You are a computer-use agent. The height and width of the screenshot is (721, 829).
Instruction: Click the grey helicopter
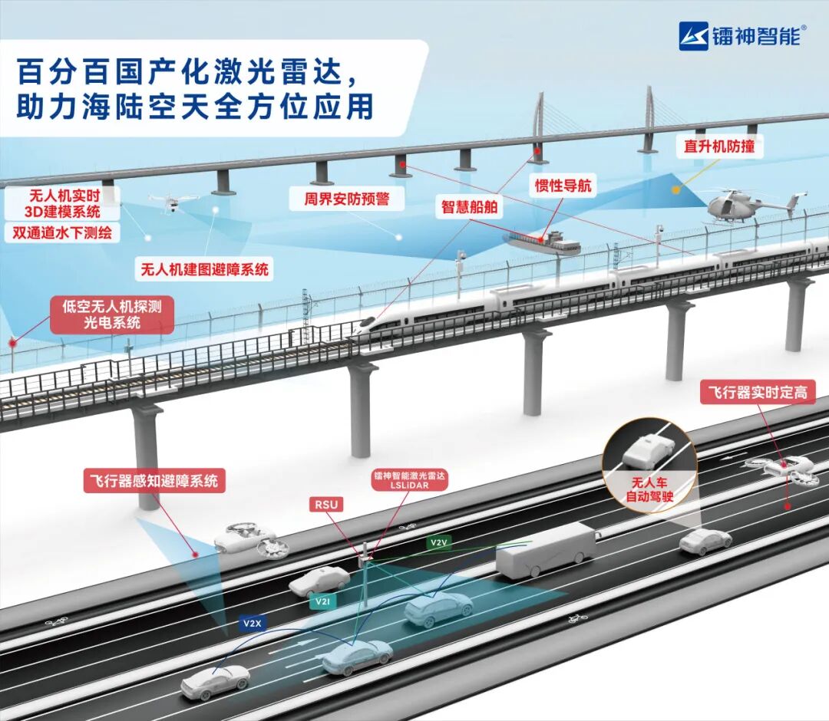coord(741,205)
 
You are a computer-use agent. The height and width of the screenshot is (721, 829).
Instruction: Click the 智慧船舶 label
coord(470,207)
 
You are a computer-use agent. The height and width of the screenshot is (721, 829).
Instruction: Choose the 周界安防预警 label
coord(346,199)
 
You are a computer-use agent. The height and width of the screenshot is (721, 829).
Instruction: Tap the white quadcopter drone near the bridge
coord(172,200)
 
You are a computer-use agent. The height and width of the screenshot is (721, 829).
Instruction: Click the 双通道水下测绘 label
coord(62,232)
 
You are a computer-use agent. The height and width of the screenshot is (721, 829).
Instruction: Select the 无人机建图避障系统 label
coord(205,269)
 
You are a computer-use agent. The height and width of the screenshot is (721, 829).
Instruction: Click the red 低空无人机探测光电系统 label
coord(112,315)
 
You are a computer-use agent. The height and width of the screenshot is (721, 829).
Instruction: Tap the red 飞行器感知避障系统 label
coord(150,482)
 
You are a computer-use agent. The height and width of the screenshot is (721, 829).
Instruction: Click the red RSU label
coord(327,504)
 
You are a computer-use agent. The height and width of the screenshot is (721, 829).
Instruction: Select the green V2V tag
coord(438,542)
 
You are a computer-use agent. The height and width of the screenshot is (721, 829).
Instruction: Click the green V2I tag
coord(322,603)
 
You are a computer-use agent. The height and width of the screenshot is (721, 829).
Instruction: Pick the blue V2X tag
coord(253,624)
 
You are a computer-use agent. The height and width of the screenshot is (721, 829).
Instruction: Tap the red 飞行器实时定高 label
coord(757,392)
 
